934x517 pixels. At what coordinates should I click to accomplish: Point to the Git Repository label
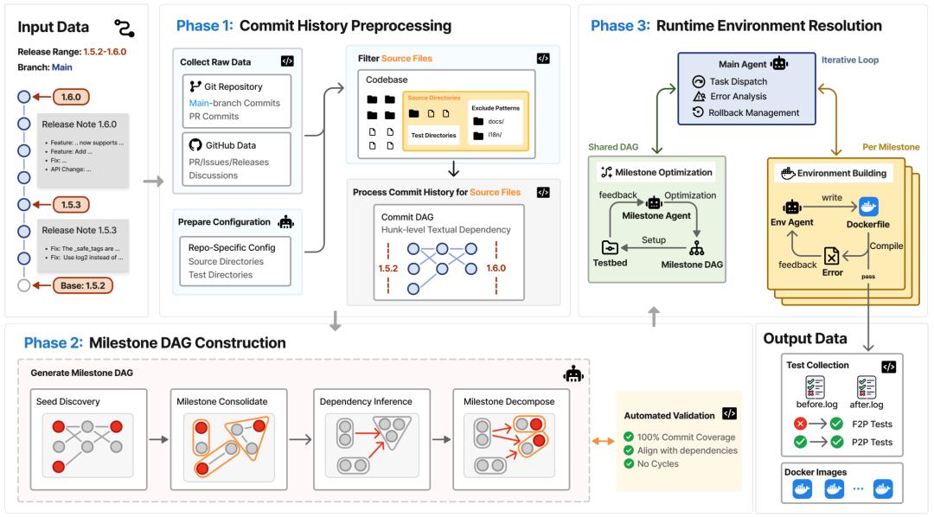pos(233,86)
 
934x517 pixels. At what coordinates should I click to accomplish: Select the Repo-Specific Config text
pos(232,247)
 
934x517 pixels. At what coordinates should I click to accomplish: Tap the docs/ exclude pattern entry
pos(495,121)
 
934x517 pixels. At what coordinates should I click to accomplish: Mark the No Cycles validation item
pos(662,464)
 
